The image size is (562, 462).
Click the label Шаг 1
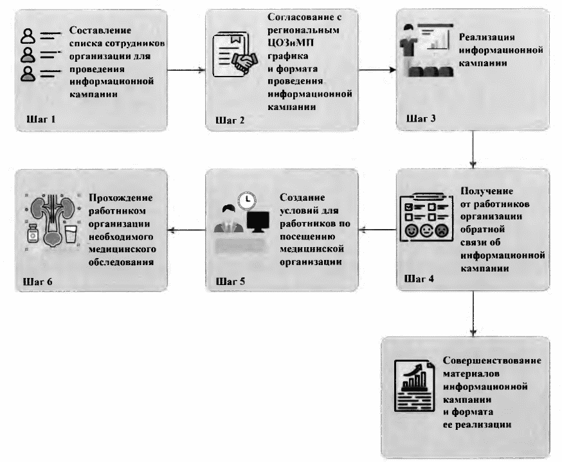(41, 119)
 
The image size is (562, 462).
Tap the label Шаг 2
(231, 120)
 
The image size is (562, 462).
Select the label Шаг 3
(421, 119)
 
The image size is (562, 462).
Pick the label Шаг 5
(231, 281)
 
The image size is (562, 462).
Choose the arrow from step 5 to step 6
(186, 228)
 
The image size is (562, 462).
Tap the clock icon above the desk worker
(245, 200)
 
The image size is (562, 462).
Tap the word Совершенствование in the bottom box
(492, 361)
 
